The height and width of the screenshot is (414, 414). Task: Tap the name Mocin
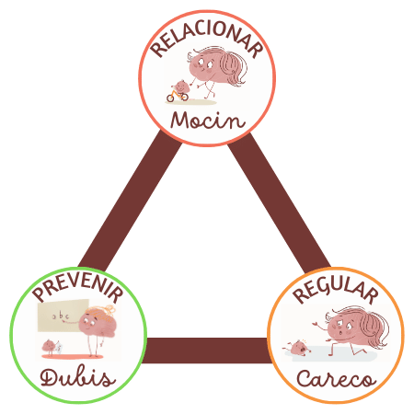pyautogui.click(x=208, y=121)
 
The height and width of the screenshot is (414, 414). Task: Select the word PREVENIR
pyautogui.click(x=78, y=288)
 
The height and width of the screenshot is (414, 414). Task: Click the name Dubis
pyautogui.click(x=78, y=378)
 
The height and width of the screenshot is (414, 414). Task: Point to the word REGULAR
pyautogui.click(x=336, y=291)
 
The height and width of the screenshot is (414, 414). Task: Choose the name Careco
pyautogui.click(x=336, y=378)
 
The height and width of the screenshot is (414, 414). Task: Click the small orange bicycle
pyautogui.click(x=178, y=96)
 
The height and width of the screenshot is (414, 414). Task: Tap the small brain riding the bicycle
pyautogui.click(x=181, y=86)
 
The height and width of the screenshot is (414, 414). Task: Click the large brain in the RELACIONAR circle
pyautogui.click(x=216, y=68)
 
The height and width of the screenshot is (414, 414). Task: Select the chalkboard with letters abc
pyautogui.click(x=63, y=316)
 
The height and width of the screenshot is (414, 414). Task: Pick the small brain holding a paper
pyautogui.click(x=52, y=347)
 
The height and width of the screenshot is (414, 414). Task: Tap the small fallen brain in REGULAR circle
pyautogui.click(x=297, y=348)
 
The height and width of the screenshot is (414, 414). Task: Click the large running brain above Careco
pyautogui.click(x=351, y=329)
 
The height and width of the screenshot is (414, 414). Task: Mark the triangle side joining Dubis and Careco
pyautogui.click(x=207, y=351)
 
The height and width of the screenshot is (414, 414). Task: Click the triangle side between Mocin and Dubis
pyautogui.click(x=129, y=201)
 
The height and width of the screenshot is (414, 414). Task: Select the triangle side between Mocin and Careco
pyautogui.click(x=279, y=202)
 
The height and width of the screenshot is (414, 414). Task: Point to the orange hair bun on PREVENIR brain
pyautogui.click(x=108, y=310)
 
